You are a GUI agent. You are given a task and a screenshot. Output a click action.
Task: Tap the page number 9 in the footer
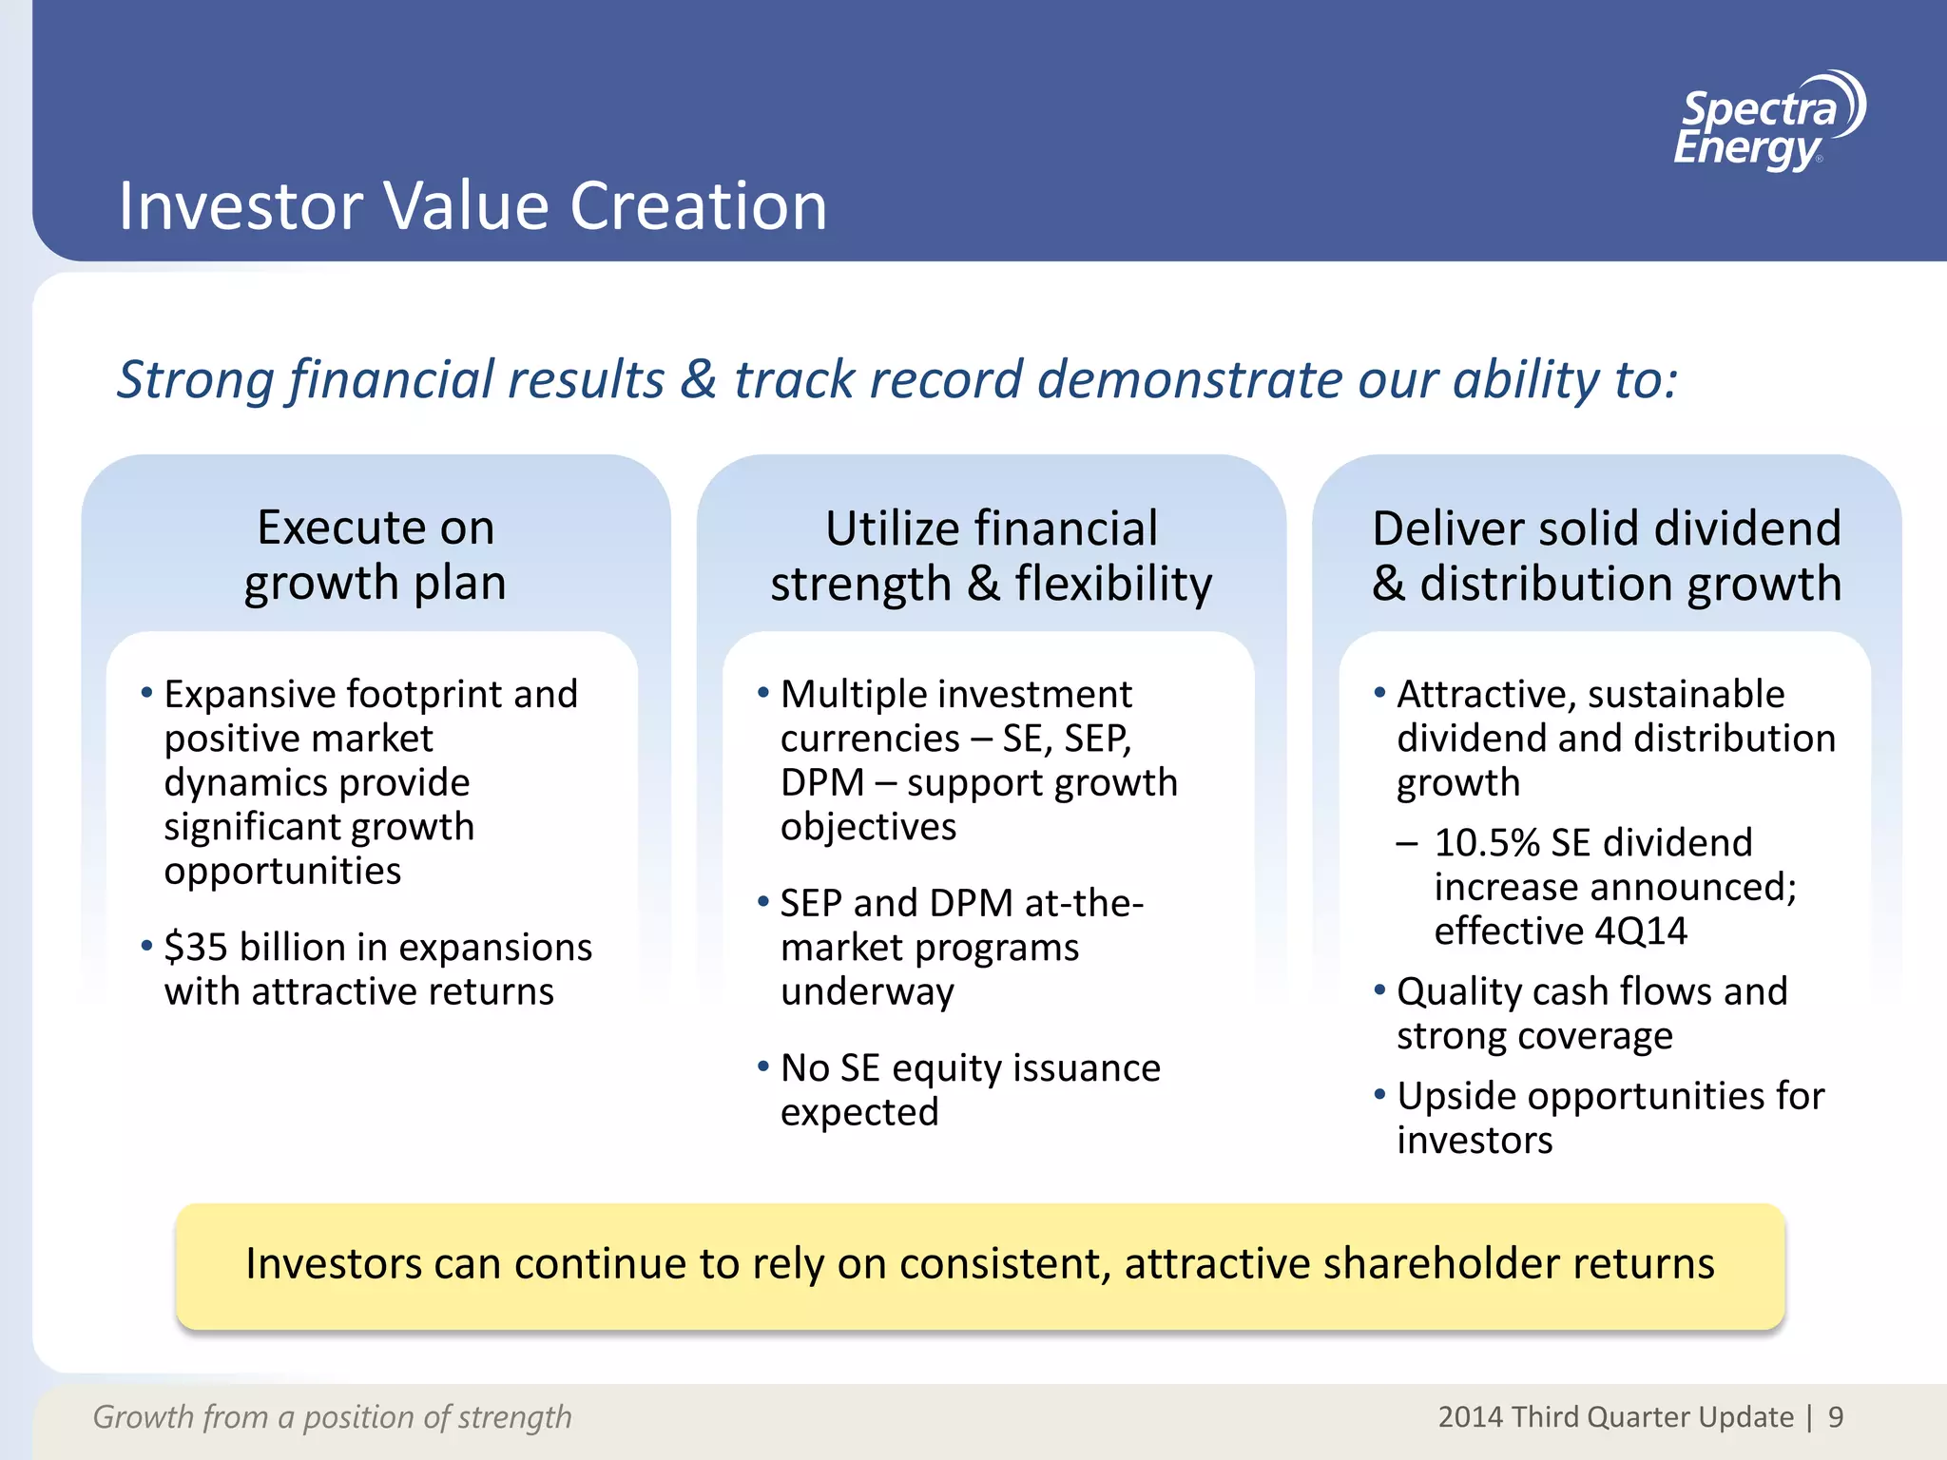point(1835,1417)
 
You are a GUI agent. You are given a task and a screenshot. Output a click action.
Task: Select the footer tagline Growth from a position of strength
point(332,1417)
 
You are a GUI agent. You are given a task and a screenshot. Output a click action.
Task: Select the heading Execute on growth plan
point(376,554)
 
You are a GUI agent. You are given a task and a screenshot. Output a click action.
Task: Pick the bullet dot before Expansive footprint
point(146,693)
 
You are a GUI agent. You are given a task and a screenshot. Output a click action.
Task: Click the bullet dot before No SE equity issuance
point(762,1066)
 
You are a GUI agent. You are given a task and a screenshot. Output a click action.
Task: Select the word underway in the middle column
point(866,992)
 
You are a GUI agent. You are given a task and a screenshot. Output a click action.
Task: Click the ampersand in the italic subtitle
point(698,380)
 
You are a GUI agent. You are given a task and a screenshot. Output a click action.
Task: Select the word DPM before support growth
point(821,783)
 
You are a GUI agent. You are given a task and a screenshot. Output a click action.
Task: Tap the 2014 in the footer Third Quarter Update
point(1470,1417)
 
